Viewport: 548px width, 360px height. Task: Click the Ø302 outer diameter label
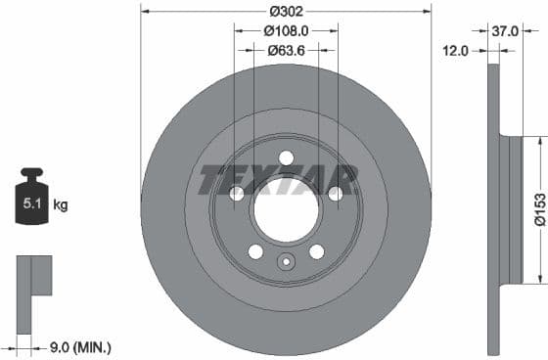pyautogui.click(x=286, y=11)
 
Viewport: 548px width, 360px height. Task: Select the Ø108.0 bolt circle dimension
pyautogui.click(x=286, y=30)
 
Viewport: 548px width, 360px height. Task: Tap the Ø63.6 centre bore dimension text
pyautogui.click(x=286, y=50)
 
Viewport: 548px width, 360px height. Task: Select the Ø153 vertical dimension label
pyautogui.click(x=538, y=209)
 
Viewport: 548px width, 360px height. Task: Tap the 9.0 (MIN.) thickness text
pyautogui.click(x=80, y=346)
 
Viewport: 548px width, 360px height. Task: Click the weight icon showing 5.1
pyautogui.click(x=31, y=203)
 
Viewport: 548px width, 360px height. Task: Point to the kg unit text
pyautogui.click(x=61, y=205)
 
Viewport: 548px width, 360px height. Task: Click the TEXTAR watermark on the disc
pyautogui.click(x=278, y=180)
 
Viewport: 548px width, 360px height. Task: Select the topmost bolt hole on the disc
pyautogui.click(x=286, y=158)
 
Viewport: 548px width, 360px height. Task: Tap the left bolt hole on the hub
pyautogui.click(x=237, y=195)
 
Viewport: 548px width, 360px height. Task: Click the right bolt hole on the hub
pyautogui.click(x=336, y=195)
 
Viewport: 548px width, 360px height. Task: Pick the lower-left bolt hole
pyautogui.click(x=255, y=251)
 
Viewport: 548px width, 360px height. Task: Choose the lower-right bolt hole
pyautogui.click(x=316, y=251)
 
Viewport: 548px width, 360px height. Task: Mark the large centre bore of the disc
pyautogui.click(x=286, y=209)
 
